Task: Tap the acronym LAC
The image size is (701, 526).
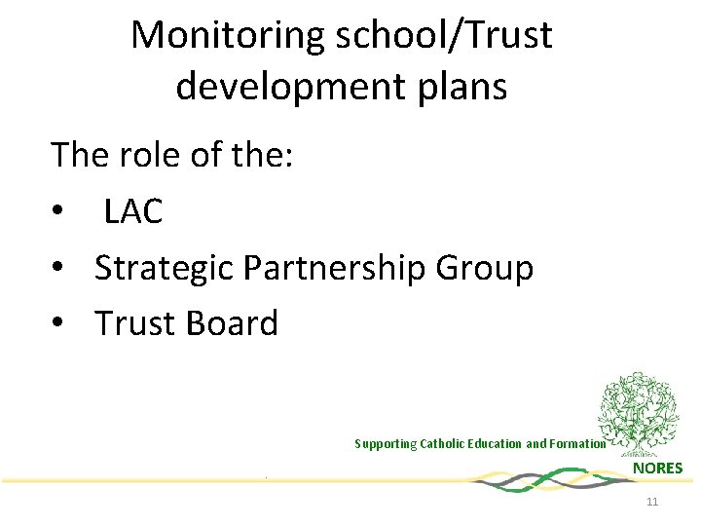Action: [x=132, y=210]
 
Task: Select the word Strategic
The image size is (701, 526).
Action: [x=167, y=268]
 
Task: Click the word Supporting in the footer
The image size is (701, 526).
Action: [x=385, y=444]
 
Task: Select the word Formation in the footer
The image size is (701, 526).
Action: [x=578, y=444]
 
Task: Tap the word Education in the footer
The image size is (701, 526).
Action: [x=498, y=444]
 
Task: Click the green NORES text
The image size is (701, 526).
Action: [x=658, y=469]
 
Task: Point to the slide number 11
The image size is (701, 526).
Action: [x=652, y=502]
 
